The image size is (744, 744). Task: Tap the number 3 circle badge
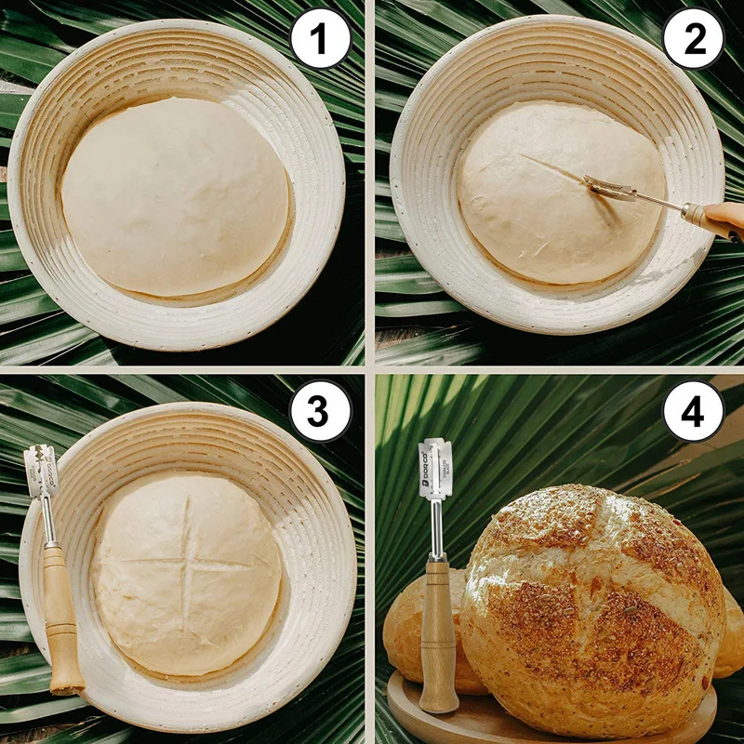(x=320, y=409)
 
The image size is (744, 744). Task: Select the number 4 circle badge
(x=693, y=409)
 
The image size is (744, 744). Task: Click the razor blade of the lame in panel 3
(x=41, y=472)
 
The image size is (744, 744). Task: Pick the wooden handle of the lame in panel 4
(x=437, y=632)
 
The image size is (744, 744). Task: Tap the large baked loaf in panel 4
(x=595, y=604)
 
